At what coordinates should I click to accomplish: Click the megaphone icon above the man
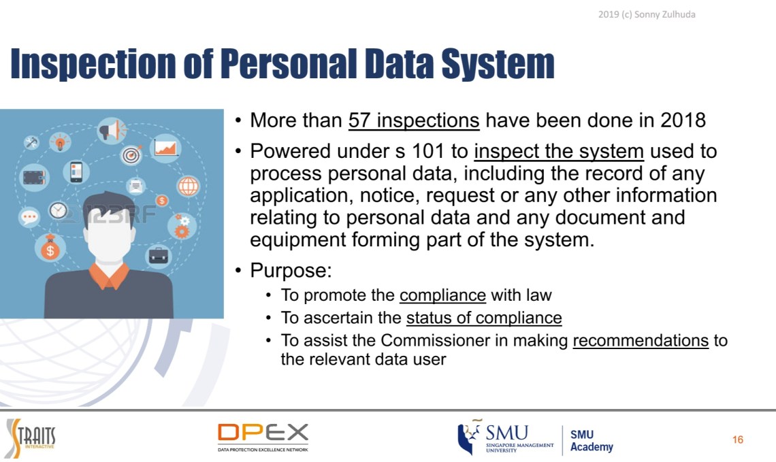click(x=112, y=131)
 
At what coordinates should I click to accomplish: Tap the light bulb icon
click(x=60, y=142)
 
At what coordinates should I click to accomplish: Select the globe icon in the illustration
click(x=188, y=186)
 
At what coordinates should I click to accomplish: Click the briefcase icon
click(x=159, y=255)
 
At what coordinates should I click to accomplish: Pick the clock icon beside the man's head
click(x=58, y=210)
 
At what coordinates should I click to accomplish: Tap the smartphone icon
click(x=76, y=172)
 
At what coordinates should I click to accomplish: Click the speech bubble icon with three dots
click(x=30, y=216)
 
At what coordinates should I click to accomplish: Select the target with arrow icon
click(x=131, y=155)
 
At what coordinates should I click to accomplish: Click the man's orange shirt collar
click(x=109, y=276)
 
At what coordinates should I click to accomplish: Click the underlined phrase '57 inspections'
click(x=414, y=120)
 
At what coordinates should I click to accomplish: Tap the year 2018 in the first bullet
click(x=683, y=120)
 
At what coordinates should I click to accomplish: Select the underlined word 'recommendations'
click(x=641, y=340)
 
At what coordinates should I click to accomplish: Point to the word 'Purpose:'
click(x=291, y=271)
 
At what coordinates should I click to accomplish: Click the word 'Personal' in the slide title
click(x=288, y=64)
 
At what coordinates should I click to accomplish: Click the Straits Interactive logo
click(x=31, y=438)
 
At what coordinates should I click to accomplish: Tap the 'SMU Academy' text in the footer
click(x=592, y=440)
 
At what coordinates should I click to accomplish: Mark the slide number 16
click(x=737, y=440)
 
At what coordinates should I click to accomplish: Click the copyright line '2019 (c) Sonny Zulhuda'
click(x=647, y=14)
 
